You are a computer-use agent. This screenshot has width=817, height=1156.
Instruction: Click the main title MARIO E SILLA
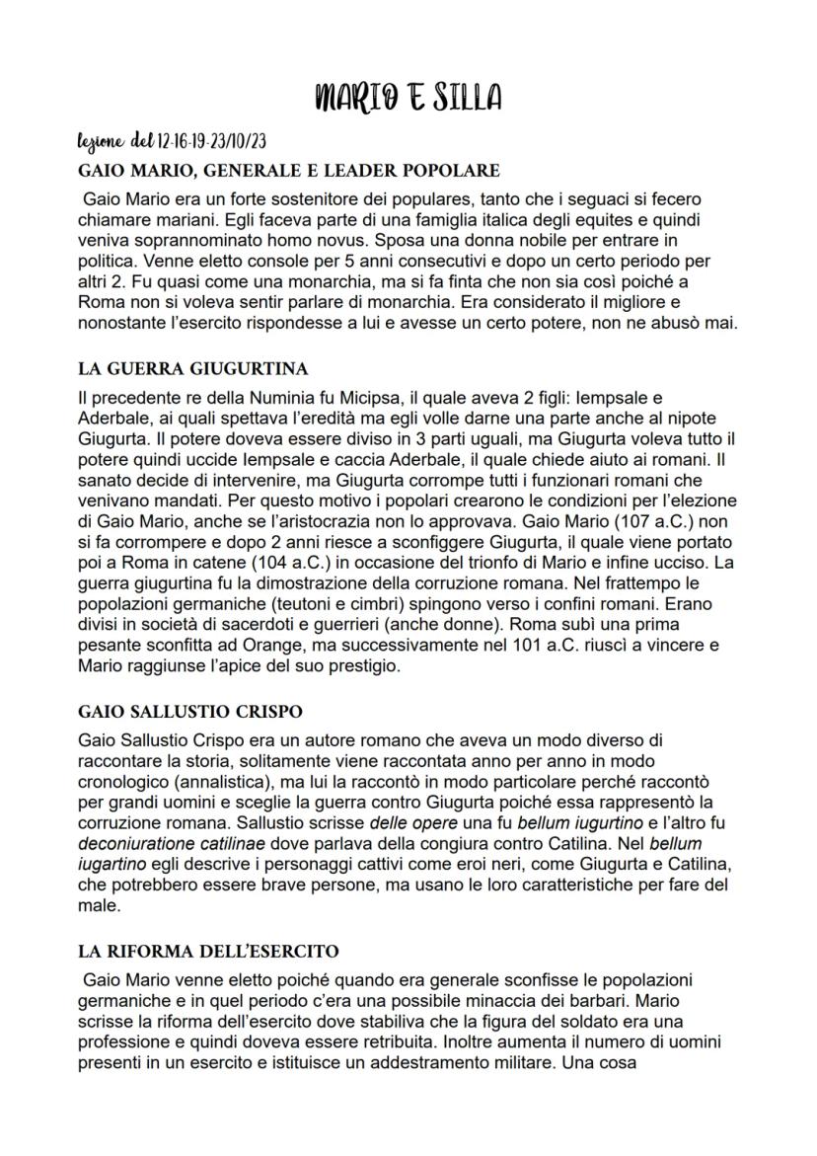[408, 97]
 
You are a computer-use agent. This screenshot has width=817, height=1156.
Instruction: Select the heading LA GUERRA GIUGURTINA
[193, 369]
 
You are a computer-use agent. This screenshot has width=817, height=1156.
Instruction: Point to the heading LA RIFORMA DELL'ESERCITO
[208, 952]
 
